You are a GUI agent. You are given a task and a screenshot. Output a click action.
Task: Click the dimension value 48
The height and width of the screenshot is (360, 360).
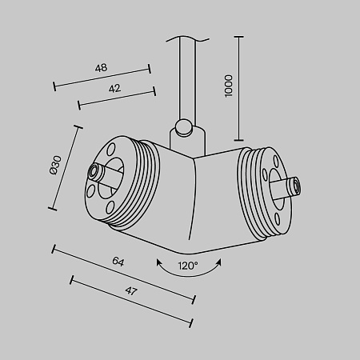click(101, 68)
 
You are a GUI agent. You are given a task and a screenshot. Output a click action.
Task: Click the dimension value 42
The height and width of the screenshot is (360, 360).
click(114, 89)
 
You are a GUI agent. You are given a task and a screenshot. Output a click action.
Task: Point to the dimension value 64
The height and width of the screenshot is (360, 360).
click(118, 262)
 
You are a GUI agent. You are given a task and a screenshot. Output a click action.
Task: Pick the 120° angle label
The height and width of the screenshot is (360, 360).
click(187, 265)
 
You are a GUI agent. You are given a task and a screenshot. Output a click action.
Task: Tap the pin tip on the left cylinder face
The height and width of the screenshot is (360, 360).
click(95, 172)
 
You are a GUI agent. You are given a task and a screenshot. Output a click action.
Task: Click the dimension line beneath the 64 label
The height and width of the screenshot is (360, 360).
click(124, 274)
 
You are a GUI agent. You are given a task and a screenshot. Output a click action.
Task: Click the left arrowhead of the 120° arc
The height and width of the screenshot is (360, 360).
click(158, 262)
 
